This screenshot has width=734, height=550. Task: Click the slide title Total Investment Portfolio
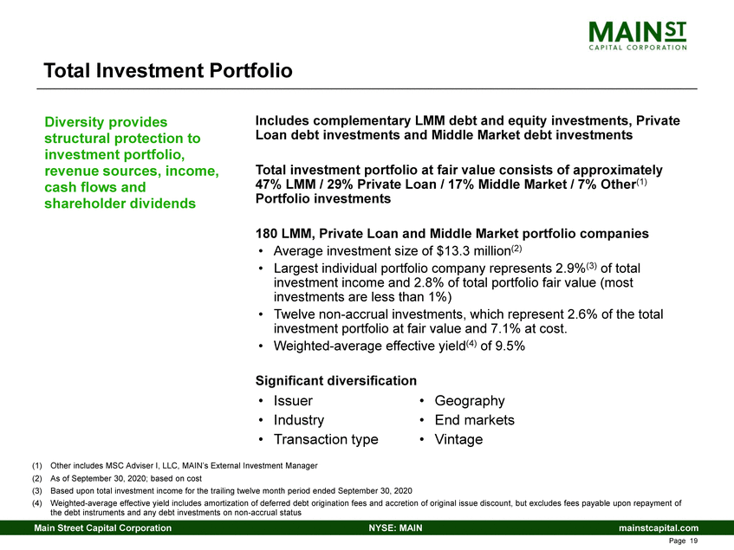coord(168,70)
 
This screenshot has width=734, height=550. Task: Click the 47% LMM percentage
coord(270,184)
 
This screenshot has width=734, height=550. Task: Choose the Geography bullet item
coord(469,401)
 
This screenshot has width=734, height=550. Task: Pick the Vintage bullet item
coord(458,439)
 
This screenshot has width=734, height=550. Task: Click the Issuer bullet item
coord(293,401)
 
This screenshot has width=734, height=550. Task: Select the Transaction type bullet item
coord(325,439)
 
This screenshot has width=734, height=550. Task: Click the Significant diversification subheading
coord(335,380)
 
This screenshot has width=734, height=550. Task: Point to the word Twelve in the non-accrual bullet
coord(297,314)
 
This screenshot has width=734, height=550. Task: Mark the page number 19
coord(693,541)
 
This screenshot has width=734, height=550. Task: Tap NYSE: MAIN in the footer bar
coord(395,528)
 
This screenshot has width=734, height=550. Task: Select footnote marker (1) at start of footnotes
coord(37,466)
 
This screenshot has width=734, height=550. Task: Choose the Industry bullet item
coord(299,420)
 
